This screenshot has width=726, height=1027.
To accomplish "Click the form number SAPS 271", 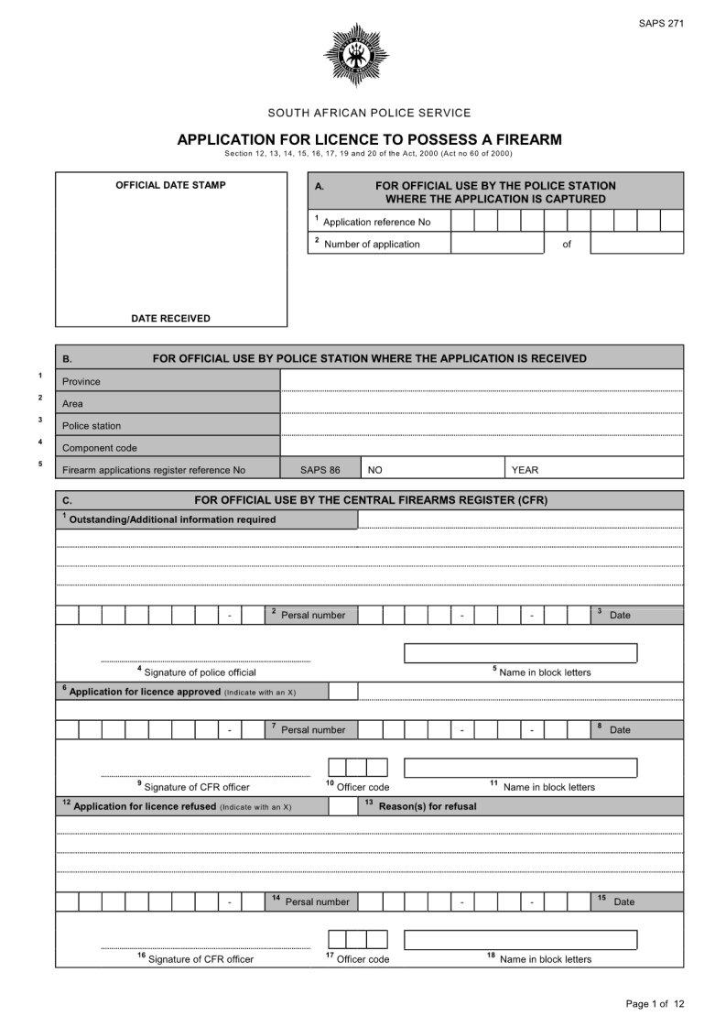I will [x=661, y=23].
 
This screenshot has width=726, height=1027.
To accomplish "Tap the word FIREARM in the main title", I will [x=519, y=139].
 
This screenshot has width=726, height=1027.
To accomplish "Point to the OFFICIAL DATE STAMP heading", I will [x=170, y=185].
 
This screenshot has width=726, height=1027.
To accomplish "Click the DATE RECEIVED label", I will [x=170, y=319].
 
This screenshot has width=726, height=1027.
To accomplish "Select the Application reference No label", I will [x=376, y=222].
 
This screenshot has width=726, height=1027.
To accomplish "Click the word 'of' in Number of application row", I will [x=567, y=244].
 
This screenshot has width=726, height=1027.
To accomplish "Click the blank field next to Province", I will [x=482, y=380].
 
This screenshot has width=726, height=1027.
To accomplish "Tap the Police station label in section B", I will [x=92, y=426].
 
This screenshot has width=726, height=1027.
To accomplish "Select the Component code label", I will [x=100, y=448].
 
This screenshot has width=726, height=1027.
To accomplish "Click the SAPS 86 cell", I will [x=320, y=470].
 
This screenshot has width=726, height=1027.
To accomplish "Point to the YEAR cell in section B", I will [x=526, y=470].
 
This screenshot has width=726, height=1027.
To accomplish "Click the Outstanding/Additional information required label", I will [x=173, y=519].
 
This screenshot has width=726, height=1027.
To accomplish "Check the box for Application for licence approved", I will [x=342, y=692].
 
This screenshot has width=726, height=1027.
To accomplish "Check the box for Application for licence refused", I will [x=342, y=806].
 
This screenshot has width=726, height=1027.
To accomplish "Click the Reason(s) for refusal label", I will [x=427, y=807].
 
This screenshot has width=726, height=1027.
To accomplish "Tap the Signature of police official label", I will [x=200, y=672].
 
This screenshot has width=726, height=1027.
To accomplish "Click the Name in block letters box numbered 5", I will [x=520, y=653].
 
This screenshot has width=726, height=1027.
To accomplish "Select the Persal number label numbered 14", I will [x=317, y=901].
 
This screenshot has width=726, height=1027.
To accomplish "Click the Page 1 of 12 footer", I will [x=655, y=1004].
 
